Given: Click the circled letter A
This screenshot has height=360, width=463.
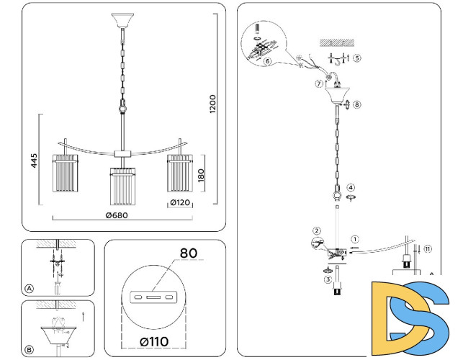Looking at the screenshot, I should click(30, 289).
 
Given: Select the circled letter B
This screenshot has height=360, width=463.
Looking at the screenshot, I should click(30, 351).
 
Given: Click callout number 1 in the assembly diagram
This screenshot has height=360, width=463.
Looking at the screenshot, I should click(354, 238).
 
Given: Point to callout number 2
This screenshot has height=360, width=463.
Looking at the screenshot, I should click(315, 231).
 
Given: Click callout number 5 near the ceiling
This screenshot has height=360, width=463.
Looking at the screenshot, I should click(356, 57).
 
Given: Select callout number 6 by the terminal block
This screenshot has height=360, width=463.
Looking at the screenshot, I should click(267, 62).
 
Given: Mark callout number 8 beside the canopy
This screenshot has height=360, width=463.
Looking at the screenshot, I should click(357, 104).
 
